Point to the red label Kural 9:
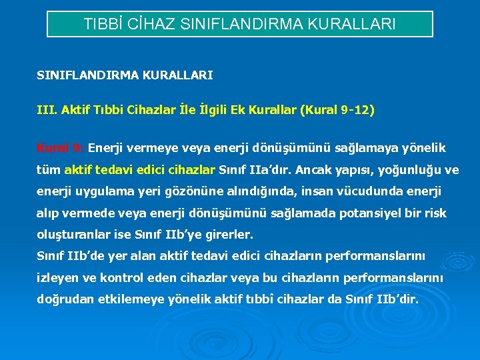click(60, 147)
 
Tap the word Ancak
click(314, 170)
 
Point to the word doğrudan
click(61, 299)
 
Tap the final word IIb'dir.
click(397, 299)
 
